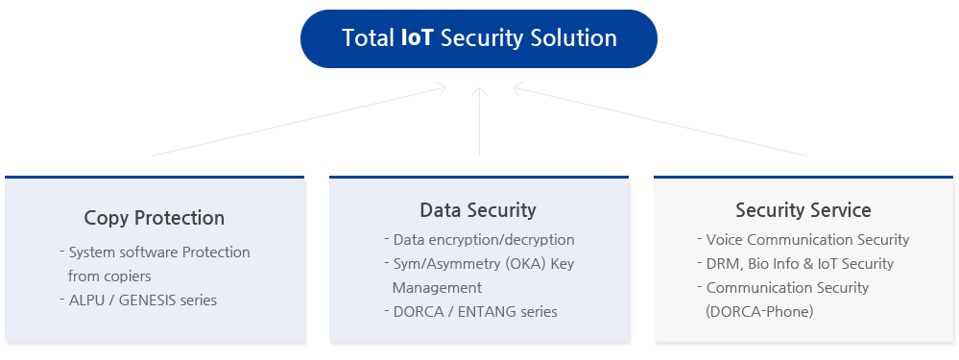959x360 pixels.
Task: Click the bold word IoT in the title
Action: point(418,37)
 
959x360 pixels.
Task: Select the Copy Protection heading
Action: point(155,218)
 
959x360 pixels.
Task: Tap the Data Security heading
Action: point(478,210)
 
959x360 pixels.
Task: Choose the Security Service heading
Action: point(803,210)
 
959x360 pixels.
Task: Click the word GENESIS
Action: point(147,300)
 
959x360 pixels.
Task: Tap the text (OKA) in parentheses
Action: point(529,264)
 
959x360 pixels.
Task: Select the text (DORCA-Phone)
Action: point(759,312)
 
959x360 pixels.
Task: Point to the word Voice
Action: point(724,240)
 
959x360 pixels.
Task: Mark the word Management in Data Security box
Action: point(437,288)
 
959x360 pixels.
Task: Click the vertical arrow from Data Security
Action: point(480,122)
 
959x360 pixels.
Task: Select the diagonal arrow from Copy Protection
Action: point(299,121)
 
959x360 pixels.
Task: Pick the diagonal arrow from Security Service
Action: point(659,121)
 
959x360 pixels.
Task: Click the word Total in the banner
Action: point(368,37)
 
